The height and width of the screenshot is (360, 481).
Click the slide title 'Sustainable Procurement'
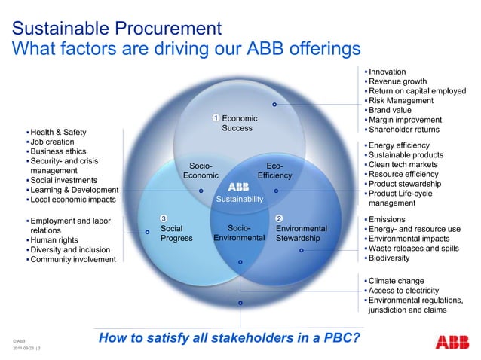pyautogui.click(x=116, y=29)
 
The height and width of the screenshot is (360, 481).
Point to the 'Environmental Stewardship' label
pyautogui.click(x=302, y=233)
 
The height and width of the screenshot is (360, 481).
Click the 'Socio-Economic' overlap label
pyautogui.click(x=201, y=171)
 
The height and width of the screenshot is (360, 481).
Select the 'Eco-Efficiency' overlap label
pyautogui.click(x=274, y=171)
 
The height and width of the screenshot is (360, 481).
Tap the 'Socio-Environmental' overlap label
pyautogui.click(x=239, y=233)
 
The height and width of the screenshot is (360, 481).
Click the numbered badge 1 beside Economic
pyautogui.click(x=216, y=118)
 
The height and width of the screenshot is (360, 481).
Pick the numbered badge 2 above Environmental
pyautogui.click(x=279, y=219)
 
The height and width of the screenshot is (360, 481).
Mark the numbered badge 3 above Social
pyautogui.click(x=163, y=219)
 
